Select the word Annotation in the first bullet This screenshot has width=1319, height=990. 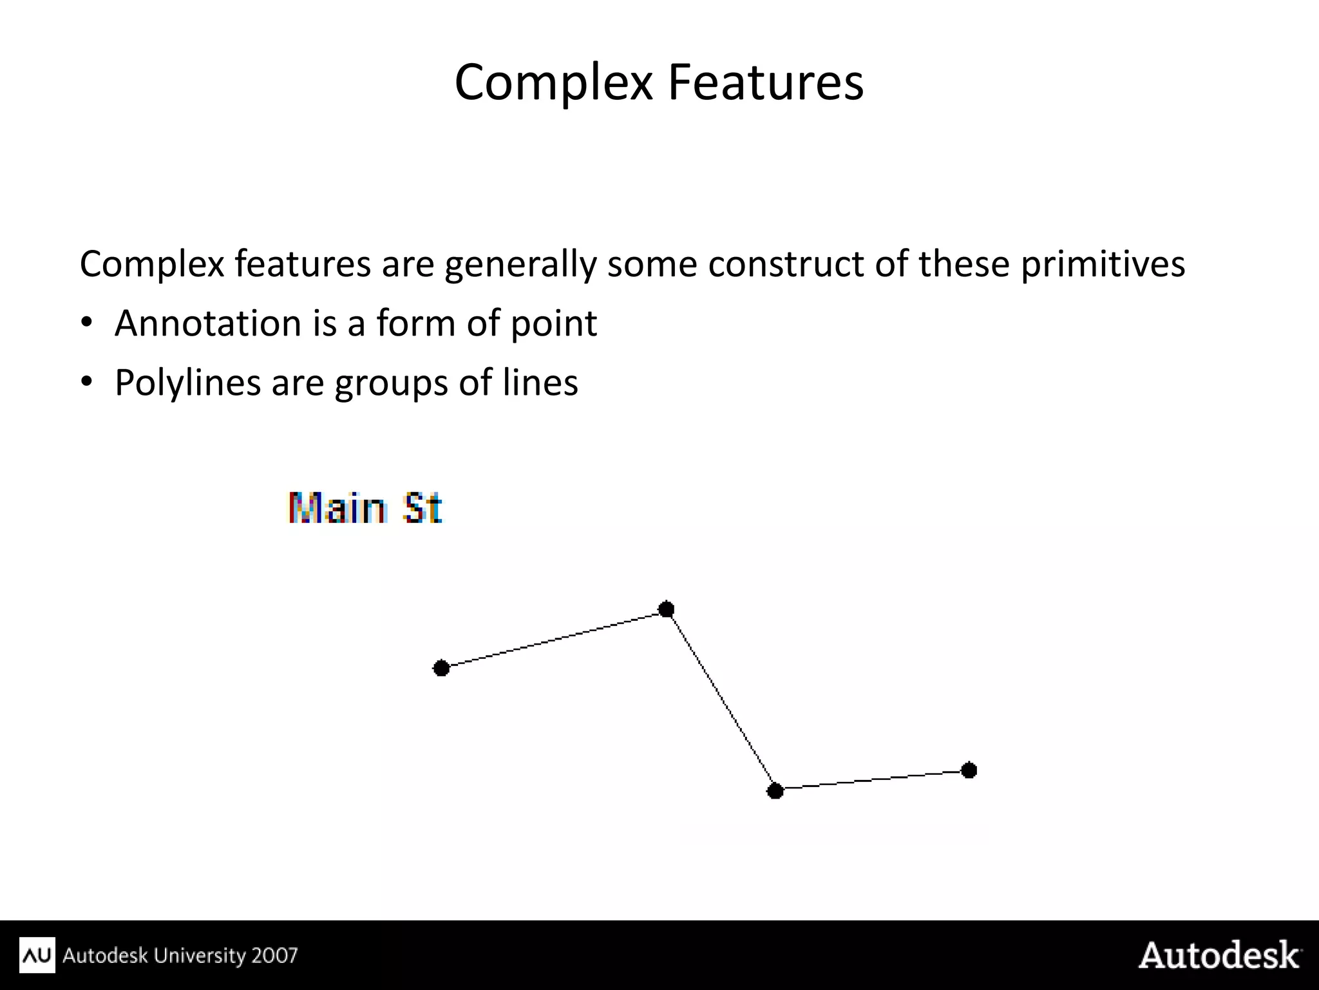(x=207, y=323)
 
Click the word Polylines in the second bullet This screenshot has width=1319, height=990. (x=187, y=383)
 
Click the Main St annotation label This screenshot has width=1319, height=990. (x=365, y=508)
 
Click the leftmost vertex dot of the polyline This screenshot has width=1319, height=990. (x=441, y=668)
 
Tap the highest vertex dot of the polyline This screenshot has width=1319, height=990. (x=667, y=609)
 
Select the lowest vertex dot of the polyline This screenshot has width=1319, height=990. (x=775, y=790)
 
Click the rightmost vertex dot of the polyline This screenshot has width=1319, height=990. (x=969, y=770)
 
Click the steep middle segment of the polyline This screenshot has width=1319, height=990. (x=721, y=700)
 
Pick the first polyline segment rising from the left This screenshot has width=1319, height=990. (x=554, y=639)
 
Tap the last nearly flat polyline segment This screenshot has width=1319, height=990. (x=873, y=780)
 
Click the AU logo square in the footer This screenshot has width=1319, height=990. (x=37, y=955)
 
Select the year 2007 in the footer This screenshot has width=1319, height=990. (x=274, y=955)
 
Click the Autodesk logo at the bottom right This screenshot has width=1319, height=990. (x=1219, y=955)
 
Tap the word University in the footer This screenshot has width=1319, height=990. (x=200, y=955)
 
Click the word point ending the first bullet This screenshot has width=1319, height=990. (x=553, y=324)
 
